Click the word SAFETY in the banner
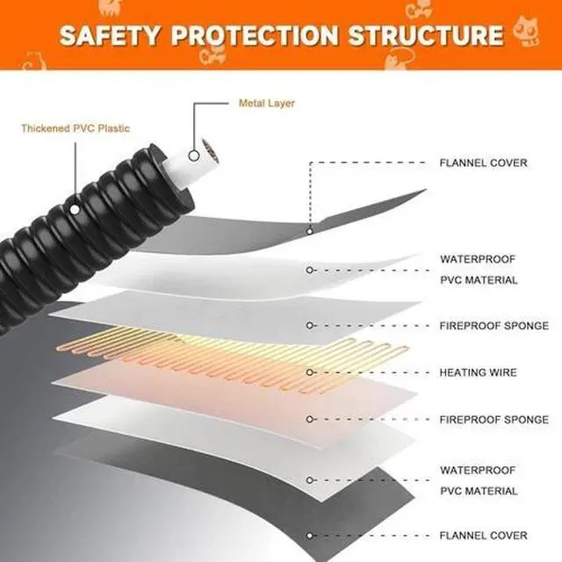109,35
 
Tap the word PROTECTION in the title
255,35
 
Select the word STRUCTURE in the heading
426,35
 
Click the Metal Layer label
267,104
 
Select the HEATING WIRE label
478,372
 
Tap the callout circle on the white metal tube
194,156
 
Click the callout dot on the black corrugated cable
74,209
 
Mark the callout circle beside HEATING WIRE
310,372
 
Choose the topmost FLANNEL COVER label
484,163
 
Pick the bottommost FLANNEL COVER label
484,536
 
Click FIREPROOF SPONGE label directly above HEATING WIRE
494,326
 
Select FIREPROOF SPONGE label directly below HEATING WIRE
494,420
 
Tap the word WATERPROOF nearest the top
478,259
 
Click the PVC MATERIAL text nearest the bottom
479,491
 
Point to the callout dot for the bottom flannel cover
310,536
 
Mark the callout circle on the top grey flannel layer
310,232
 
